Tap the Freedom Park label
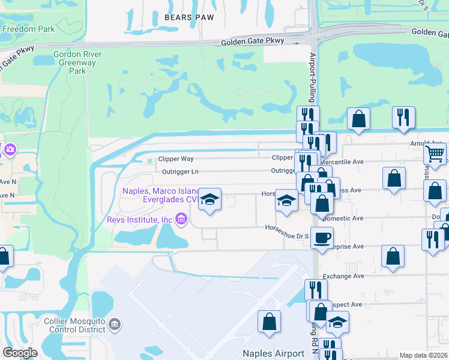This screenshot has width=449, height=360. pyautogui.click(x=28, y=29)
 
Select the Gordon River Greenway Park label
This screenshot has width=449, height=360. pyautogui.click(x=77, y=62)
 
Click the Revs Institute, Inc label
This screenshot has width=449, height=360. pyautogui.click(x=140, y=220)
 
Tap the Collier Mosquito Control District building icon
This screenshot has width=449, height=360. pyautogui.click(x=115, y=325)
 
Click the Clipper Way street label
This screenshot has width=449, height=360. pyautogui.click(x=176, y=159)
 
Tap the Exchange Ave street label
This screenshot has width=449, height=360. pyautogui.click(x=343, y=276)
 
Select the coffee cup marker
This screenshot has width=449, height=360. pyautogui.click(x=322, y=237)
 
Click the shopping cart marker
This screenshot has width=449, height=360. pyautogui.click(x=435, y=154)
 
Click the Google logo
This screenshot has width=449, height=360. pyautogui.click(x=20, y=352)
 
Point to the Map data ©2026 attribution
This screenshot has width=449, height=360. pyautogui.click(x=424, y=355)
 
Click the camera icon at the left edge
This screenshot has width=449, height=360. pyautogui.click(x=10, y=149)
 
